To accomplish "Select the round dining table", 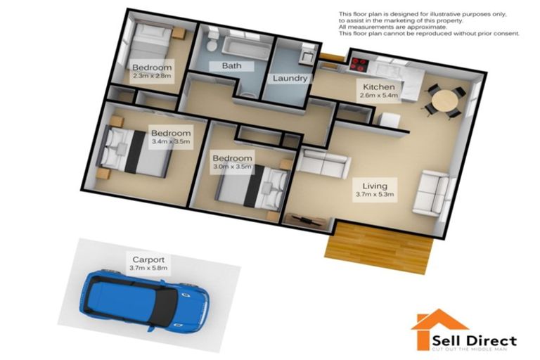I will (x=443, y=103).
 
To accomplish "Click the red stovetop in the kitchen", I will (x=360, y=65).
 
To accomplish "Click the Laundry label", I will (x=291, y=78).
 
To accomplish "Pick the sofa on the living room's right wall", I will (x=430, y=191).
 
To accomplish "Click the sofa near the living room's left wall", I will (x=323, y=161).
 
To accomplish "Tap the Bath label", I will (x=232, y=66).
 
